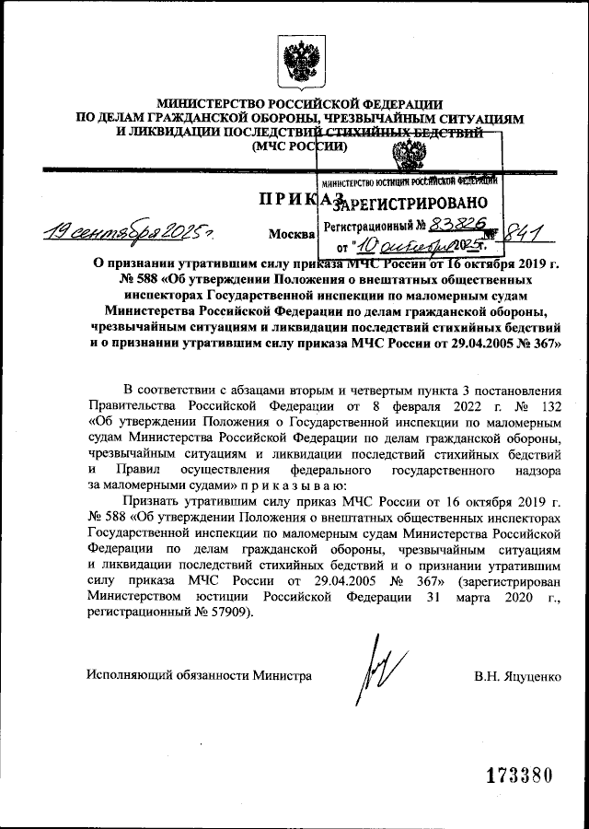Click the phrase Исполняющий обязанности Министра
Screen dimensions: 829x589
[x=199, y=675]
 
